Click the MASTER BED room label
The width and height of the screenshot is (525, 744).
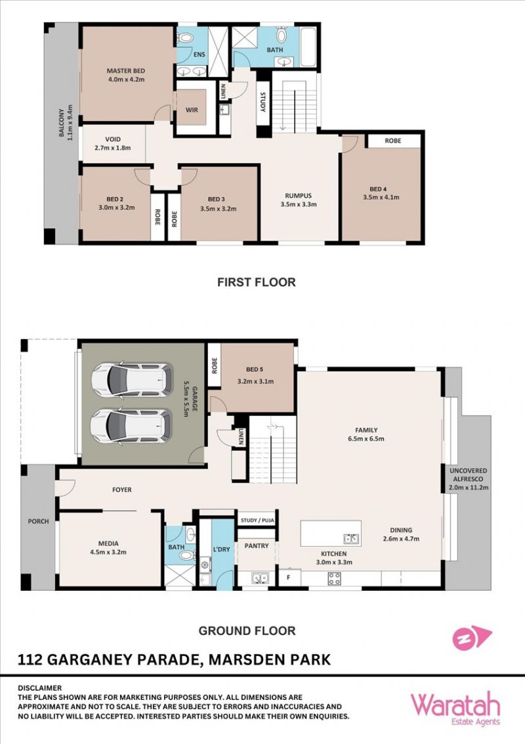point(125,71)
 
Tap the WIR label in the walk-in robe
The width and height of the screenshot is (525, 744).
point(192,110)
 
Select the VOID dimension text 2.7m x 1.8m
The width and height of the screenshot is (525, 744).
point(113,148)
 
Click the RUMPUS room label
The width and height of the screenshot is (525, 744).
point(299,195)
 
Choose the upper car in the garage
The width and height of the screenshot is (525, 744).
point(132,381)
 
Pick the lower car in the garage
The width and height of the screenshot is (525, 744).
point(131,427)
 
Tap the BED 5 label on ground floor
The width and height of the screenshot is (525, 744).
point(255,369)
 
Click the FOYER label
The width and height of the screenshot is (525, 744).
point(122,490)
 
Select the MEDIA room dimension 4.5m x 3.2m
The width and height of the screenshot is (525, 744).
point(108,552)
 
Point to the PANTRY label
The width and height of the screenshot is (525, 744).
point(257,546)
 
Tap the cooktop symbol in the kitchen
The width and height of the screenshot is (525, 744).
point(334,578)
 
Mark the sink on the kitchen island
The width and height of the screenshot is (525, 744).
point(351,538)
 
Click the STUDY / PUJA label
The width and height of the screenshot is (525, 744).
point(257,520)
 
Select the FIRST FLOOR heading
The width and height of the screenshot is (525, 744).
point(257,282)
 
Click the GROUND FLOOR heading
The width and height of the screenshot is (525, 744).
point(247,630)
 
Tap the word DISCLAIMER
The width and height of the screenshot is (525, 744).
point(40,687)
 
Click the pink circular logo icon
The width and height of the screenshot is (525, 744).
point(462,639)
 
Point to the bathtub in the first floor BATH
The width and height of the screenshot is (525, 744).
point(308,47)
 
